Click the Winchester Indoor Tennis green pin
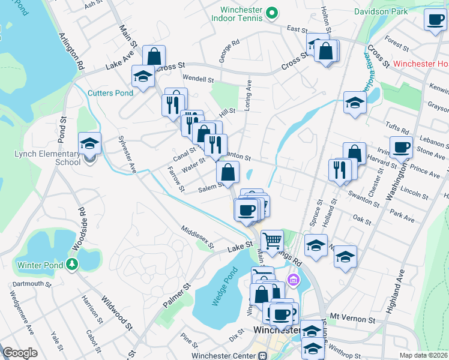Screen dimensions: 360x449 (x=271, y=12)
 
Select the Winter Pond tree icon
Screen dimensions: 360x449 (x=71, y=264)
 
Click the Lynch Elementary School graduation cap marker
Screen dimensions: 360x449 (x=89, y=144)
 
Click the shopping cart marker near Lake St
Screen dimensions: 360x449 (x=272, y=241)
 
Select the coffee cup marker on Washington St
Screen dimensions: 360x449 (x=401, y=147)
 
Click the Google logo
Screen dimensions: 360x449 (x=20, y=353)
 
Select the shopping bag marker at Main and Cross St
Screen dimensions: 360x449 (x=154, y=57)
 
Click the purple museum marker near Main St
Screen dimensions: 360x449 (x=293, y=279)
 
